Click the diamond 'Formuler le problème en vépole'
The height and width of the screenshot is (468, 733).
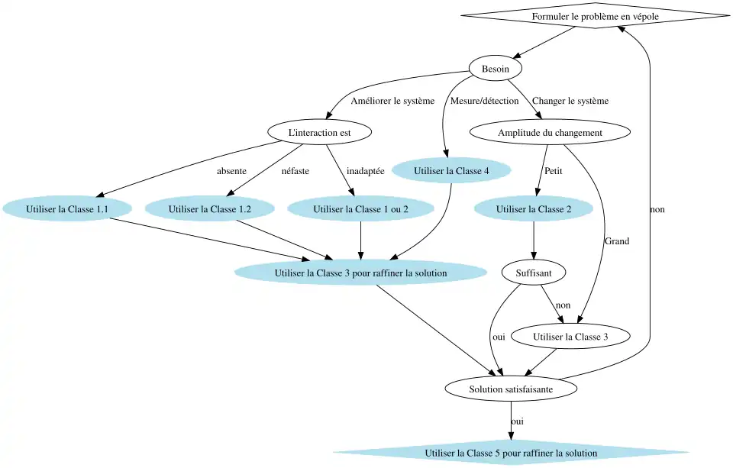click(x=596, y=16)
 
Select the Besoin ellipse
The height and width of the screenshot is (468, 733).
click(x=496, y=69)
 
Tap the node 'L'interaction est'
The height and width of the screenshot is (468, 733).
click(x=319, y=133)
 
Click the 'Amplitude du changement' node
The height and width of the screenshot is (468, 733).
click(x=550, y=133)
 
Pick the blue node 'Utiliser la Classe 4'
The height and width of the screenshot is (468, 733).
click(x=450, y=171)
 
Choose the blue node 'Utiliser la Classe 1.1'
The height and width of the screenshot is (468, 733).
click(x=66, y=208)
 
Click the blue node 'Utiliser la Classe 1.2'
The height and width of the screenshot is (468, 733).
click(x=210, y=208)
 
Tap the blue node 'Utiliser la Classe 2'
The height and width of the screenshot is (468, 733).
click(x=533, y=208)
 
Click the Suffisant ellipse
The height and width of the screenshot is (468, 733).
click(x=533, y=272)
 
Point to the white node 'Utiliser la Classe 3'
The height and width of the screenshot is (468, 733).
click(x=570, y=335)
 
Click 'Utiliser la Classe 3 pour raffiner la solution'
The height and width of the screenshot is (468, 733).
click(x=360, y=272)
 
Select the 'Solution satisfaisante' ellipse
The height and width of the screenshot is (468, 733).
click(x=511, y=389)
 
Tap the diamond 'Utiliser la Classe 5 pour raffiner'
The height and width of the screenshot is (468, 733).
click(x=511, y=453)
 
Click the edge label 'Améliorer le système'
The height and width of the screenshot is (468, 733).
click(x=392, y=101)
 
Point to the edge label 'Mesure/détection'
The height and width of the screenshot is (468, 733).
click(x=484, y=101)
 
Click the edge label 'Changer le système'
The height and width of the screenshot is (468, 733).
click(x=570, y=101)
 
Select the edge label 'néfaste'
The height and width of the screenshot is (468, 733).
click(x=295, y=171)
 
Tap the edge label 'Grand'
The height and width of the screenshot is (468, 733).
click(x=617, y=241)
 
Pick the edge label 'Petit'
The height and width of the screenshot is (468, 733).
click(x=554, y=171)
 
